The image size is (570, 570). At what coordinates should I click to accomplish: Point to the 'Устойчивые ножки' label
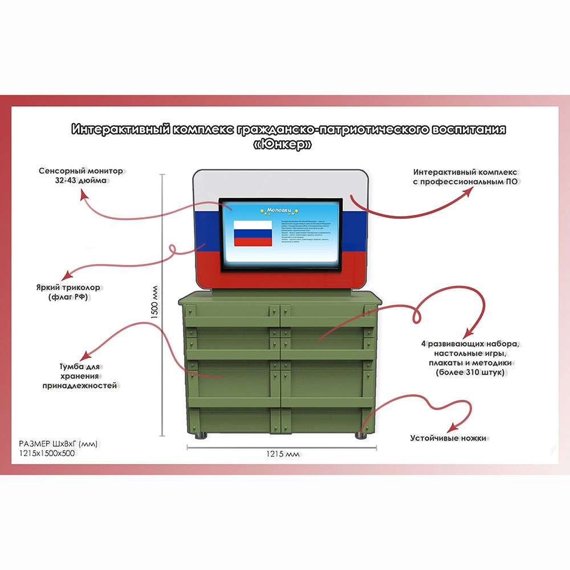click(x=448, y=438)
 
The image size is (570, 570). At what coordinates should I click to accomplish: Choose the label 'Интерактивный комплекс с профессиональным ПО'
click(x=465, y=177)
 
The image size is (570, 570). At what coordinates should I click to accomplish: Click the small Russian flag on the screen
click(x=253, y=234)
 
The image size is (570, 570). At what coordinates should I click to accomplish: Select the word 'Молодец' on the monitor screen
click(x=280, y=210)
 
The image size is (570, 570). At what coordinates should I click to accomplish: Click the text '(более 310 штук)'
click(x=470, y=373)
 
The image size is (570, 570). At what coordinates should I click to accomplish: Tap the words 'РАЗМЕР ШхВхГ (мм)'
click(x=55, y=444)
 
